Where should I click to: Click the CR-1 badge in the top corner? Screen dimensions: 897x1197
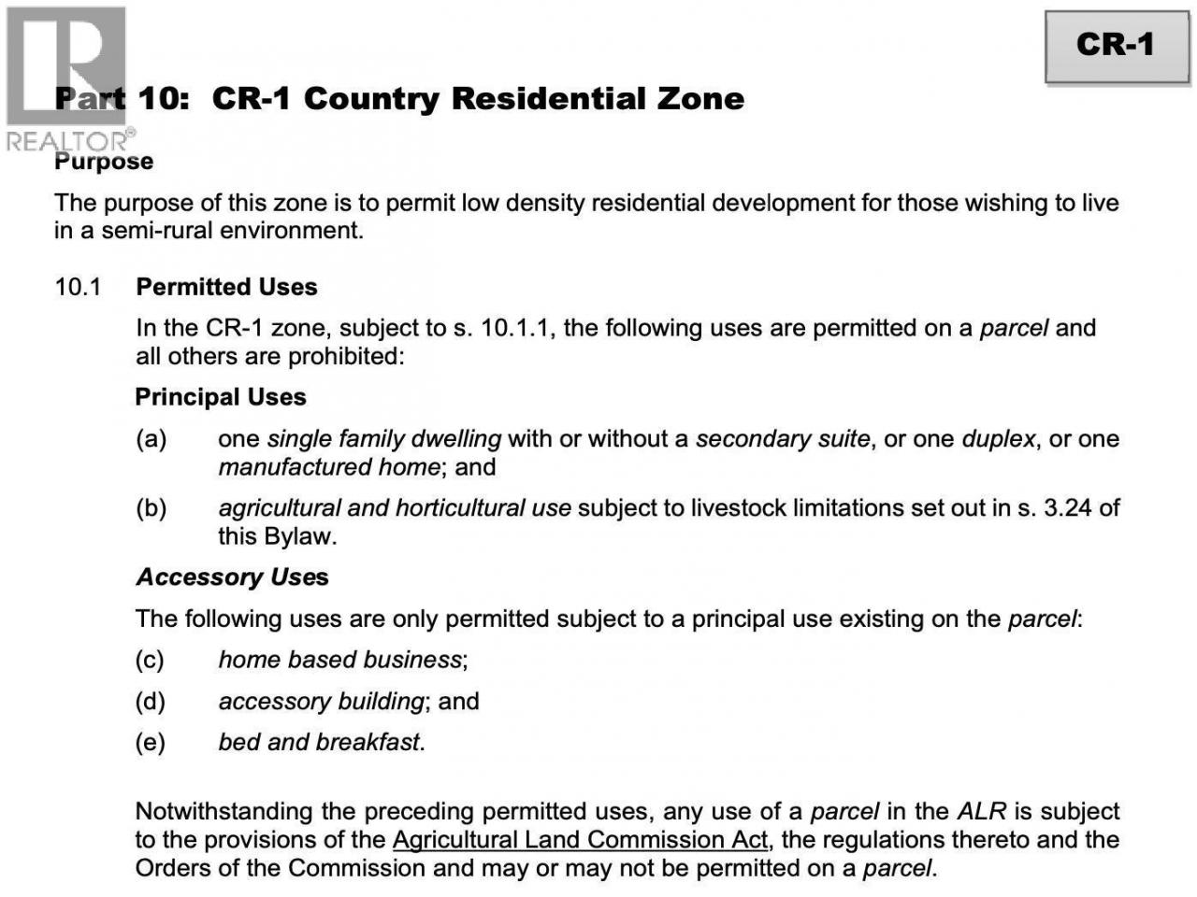1116,46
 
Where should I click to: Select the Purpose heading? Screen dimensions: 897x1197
104,162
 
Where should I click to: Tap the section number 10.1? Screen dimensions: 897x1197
78,287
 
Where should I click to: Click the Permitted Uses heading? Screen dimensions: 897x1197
226,287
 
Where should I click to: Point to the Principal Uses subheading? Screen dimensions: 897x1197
221,397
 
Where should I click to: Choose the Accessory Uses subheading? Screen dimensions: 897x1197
232,577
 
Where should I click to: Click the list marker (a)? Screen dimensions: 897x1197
151,439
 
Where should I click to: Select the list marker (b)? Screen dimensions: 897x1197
151,508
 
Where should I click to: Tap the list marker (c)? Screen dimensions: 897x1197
150,660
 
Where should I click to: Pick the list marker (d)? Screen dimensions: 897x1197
150,701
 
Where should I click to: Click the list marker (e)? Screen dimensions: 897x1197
150,742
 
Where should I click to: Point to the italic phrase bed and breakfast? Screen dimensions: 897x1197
319,742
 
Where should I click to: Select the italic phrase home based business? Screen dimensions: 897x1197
340,660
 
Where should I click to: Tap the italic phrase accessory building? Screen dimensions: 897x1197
322,701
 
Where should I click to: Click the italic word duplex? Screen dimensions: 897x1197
998,439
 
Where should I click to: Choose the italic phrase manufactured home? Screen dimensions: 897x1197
329,467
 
